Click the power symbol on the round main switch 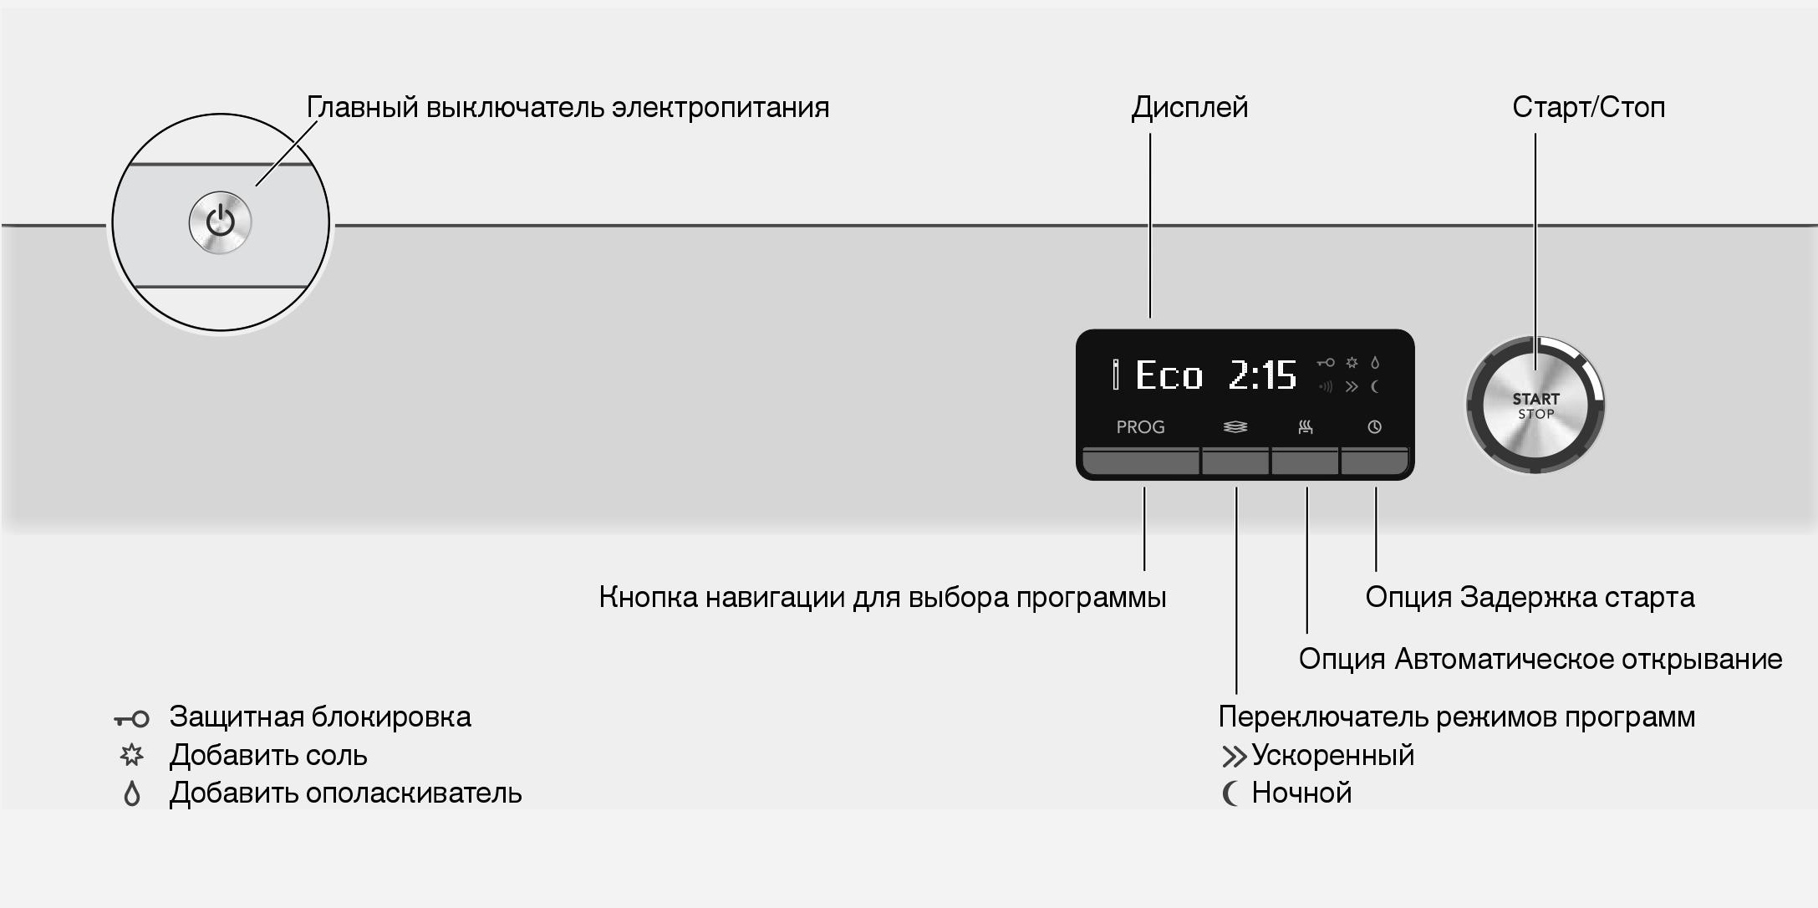[221, 222]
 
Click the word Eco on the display [1169, 375]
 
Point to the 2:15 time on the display [1262, 375]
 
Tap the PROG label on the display [1140, 427]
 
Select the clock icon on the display [1374, 427]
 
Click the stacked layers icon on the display [1235, 427]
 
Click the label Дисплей [1189, 108]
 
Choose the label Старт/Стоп [1588, 108]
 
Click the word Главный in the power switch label [362, 108]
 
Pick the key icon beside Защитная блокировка [131, 718]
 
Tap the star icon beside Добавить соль [131, 756]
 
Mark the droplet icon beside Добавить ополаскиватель [131, 793]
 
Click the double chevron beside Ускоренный [1233, 757]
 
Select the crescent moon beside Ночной [1230, 793]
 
